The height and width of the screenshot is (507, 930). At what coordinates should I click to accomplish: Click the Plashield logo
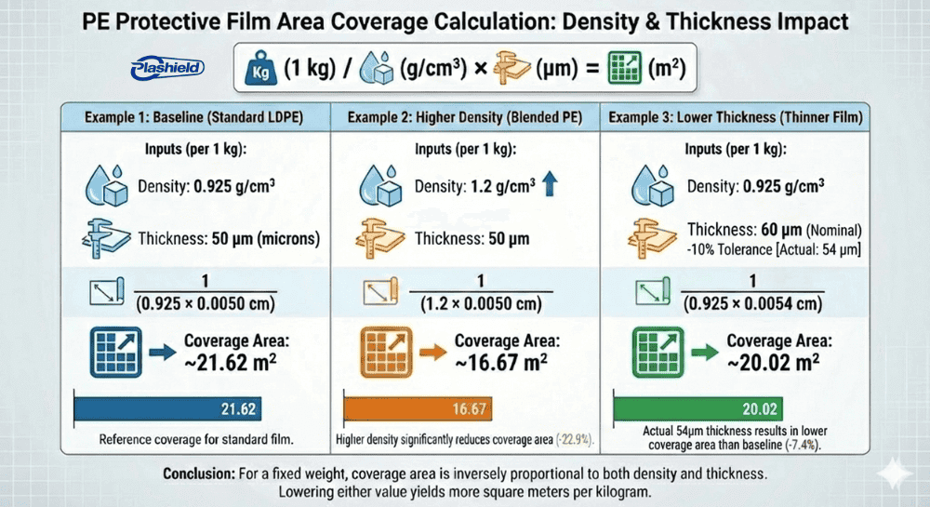167,68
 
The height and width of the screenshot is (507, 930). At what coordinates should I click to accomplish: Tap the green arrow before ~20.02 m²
704,352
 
